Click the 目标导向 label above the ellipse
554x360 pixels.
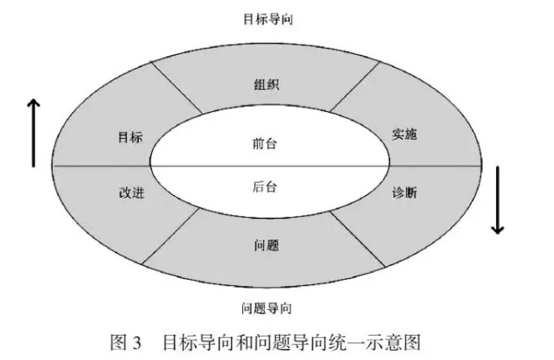coord(268,19)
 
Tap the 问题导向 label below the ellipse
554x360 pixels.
coord(266,309)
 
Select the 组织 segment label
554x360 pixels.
coord(266,85)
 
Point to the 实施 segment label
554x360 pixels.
coord(404,134)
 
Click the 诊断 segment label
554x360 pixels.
coord(404,193)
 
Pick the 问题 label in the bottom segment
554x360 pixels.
coord(266,245)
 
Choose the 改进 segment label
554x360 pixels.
coord(131,193)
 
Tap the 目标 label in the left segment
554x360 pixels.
coord(130,137)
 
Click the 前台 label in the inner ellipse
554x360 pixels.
coord(264,144)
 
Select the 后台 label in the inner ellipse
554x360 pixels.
coord(264,187)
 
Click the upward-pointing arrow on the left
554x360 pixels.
coord(34,133)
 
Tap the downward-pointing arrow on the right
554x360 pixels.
coord(498,200)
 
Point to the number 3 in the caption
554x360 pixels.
coord(137,343)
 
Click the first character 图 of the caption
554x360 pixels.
coord(119,342)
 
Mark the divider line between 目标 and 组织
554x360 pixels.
coord(177,88)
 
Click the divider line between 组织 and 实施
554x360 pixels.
coord(355,87)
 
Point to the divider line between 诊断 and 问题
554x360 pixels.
coord(357,239)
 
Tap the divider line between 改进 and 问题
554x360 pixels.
coord(171,236)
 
